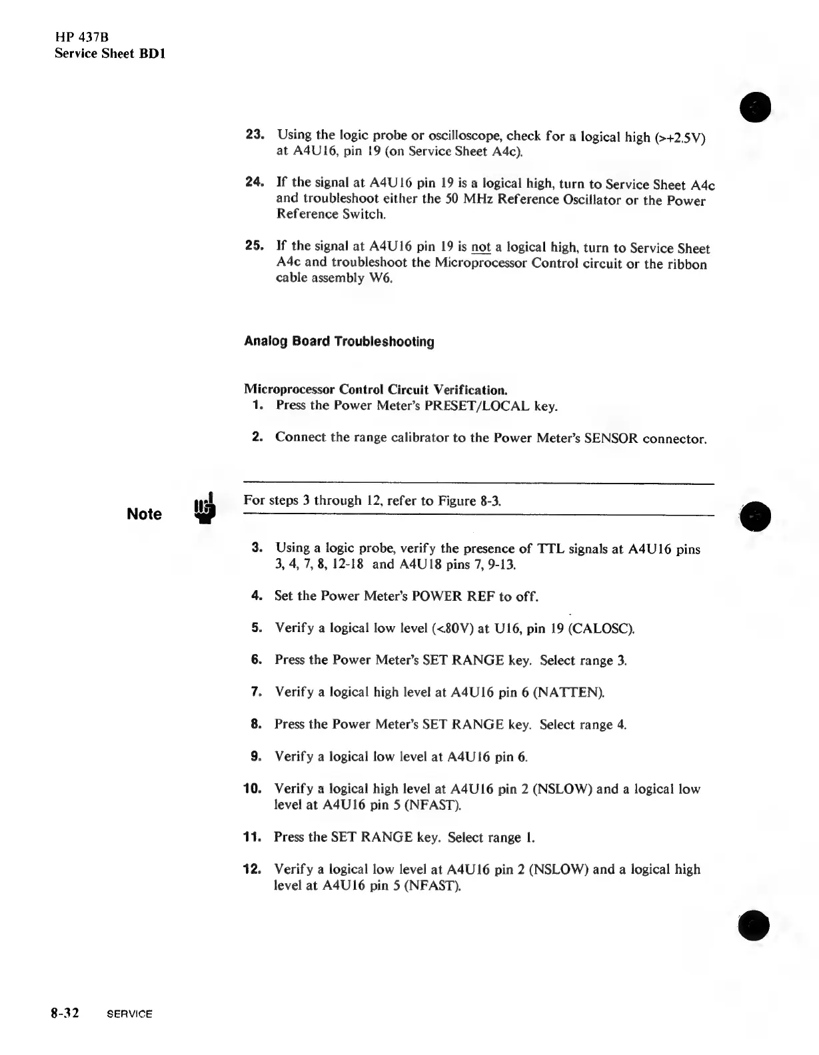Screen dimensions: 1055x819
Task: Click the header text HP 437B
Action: click(x=81, y=39)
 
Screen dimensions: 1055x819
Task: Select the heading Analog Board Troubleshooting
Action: click(x=339, y=342)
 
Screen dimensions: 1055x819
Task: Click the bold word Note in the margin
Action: click(x=144, y=514)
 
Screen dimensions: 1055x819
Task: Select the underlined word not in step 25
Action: click(x=480, y=248)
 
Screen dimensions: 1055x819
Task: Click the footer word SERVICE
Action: click(x=129, y=1014)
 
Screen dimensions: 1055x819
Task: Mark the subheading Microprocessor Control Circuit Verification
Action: click(x=375, y=389)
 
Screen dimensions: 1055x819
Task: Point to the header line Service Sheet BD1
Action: click(x=110, y=53)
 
